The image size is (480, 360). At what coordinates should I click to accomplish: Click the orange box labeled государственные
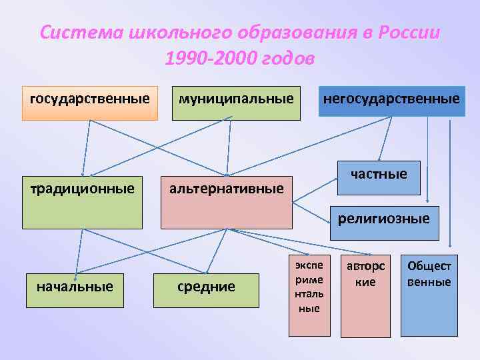coord(90,103)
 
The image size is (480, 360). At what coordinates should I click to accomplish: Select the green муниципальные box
coord(236,103)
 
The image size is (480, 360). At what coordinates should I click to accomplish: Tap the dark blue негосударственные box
coord(391,101)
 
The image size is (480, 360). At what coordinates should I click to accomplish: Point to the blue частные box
coord(379,177)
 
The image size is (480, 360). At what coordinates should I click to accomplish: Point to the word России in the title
coord(409,33)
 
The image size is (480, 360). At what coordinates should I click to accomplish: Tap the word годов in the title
coord(286,59)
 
